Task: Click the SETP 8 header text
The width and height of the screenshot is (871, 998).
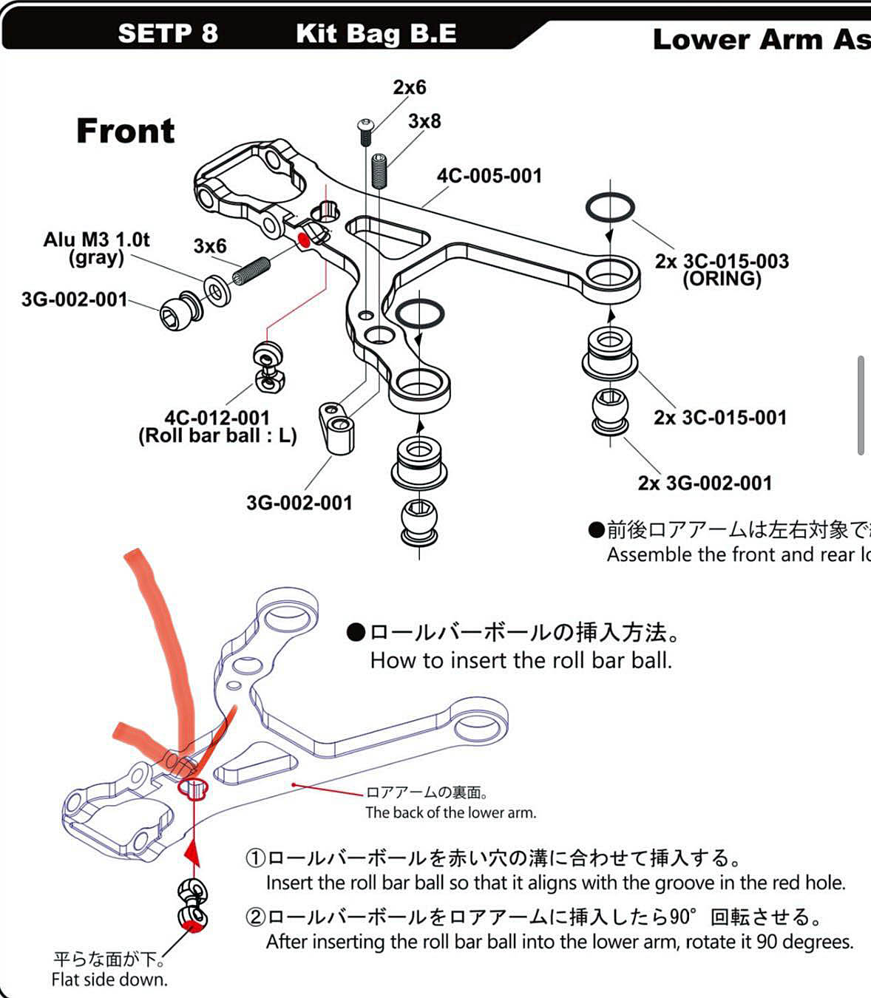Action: [x=167, y=33]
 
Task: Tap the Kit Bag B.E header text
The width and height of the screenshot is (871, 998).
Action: [x=376, y=33]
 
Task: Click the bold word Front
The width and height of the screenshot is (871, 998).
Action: [x=126, y=131]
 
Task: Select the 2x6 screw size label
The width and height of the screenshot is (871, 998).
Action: [x=410, y=87]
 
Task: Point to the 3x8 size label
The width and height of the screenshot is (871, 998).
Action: [x=424, y=120]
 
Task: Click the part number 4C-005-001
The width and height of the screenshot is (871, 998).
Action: [x=489, y=176]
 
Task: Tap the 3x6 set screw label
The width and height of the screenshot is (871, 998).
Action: [x=210, y=246]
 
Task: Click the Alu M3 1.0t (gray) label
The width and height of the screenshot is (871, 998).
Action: [x=96, y=248]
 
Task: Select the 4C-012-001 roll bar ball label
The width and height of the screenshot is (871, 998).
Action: [x=217, y=427]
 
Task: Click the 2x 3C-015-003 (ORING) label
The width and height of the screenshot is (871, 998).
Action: [x=722, y=270]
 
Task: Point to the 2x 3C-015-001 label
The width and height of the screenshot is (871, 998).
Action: [x=720, y=418]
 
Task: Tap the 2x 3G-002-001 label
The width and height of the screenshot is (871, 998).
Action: [x=705, y=483]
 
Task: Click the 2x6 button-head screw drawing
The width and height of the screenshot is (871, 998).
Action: [x=366, y=132]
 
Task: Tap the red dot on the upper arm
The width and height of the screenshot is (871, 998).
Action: [x=302, y=239]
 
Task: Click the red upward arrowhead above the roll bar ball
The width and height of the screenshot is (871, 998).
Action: [x=192, y=855]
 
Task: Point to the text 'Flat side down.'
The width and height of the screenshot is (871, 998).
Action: [x=109, y=980]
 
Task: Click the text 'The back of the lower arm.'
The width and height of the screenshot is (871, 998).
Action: [x=450, y=813]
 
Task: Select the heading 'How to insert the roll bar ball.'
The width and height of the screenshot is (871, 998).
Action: [x=521, y=660]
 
